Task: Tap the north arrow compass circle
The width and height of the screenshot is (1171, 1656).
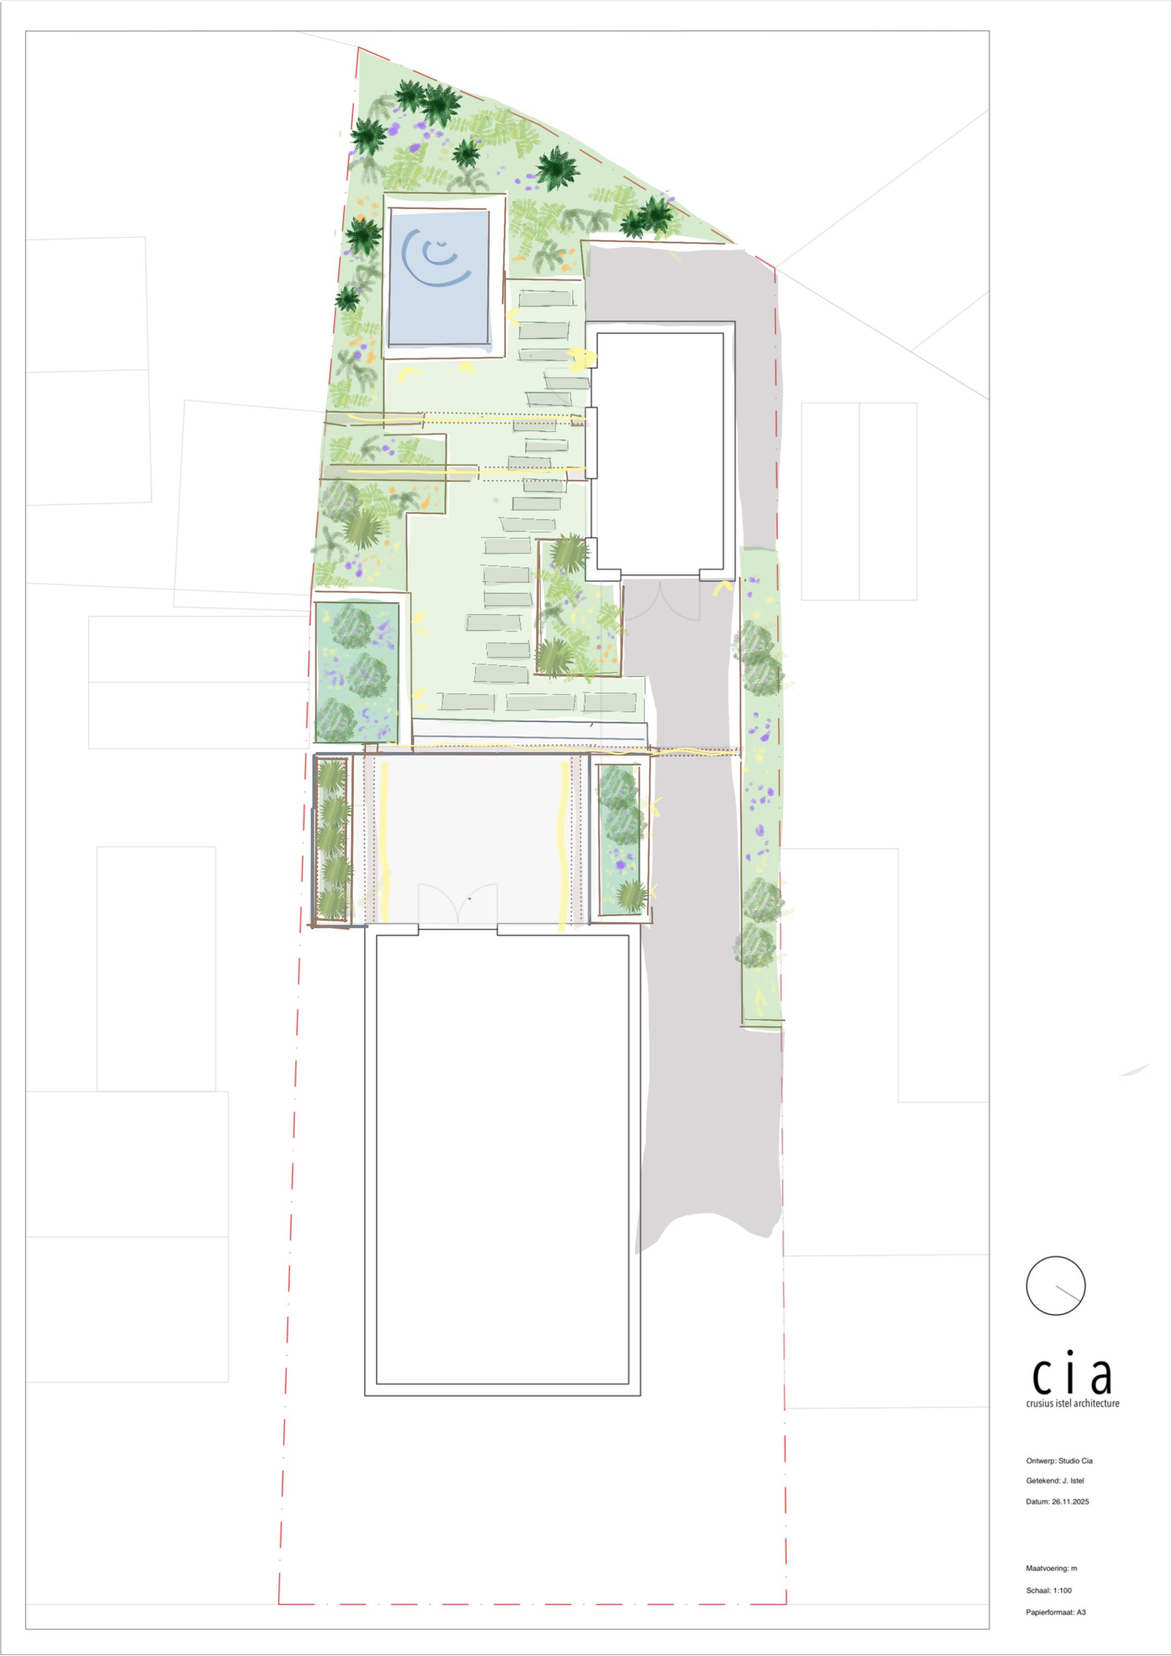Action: click(x=1055, y=1285)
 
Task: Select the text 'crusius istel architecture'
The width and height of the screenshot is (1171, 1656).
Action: click(x=1072, y=1403)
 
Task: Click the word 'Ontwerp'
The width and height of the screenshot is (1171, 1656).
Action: click(x=1040, y=1461)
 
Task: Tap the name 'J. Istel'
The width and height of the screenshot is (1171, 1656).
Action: click(x=1073, y=1481)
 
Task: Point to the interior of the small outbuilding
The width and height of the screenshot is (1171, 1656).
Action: click(x=660, y=451)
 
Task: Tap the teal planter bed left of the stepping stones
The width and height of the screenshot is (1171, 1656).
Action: click(x=357, y=672)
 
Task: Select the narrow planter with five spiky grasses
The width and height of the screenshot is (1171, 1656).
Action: click(x=332, y=841)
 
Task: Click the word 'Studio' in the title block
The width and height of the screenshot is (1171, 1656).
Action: click(x=1069, y=1461)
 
